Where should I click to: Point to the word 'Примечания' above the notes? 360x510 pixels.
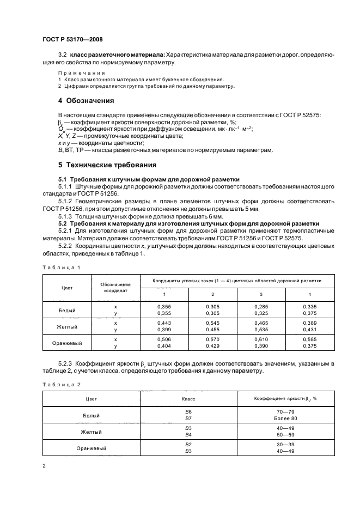(81, 72)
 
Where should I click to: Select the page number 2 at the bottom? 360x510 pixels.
(44, 466)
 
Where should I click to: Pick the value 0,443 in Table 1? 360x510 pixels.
(164, 323)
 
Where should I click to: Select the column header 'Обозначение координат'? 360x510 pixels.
(115, 288)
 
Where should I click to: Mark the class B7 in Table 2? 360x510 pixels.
(189, 418)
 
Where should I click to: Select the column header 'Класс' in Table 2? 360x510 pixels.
(188, 398)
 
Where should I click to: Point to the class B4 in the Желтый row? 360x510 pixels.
(189, 435)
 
